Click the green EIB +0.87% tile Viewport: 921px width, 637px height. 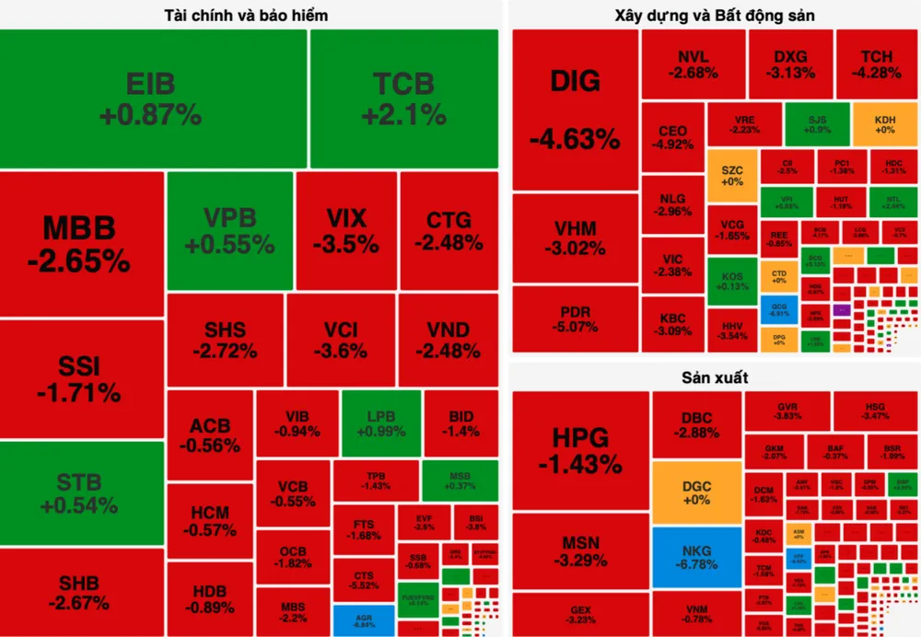coord(153,98)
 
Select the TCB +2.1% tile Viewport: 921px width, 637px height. coord(403,98)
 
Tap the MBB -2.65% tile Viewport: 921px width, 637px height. coord(81,243)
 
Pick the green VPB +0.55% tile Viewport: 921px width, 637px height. coord(229,230)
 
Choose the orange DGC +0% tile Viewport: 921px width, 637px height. coord(695,492)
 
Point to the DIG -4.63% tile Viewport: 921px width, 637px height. coord(575,110)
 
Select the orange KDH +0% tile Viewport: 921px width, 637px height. coord(884,124)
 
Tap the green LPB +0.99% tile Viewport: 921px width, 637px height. coord(381,423)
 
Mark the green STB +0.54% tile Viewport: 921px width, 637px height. coord(81,492)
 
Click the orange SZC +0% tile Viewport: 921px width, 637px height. coord(732,176)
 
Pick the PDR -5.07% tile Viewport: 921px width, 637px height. coord(575,318)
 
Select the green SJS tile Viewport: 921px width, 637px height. coord(817,124)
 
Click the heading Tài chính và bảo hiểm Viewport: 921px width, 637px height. coord(246,16)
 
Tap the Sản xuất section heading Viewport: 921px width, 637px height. coord(714,377)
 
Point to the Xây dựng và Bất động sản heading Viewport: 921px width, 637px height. coord(714,16)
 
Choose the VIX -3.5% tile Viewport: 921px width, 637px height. coord(346,230)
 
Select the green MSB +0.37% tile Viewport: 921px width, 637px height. coord(460,481)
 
